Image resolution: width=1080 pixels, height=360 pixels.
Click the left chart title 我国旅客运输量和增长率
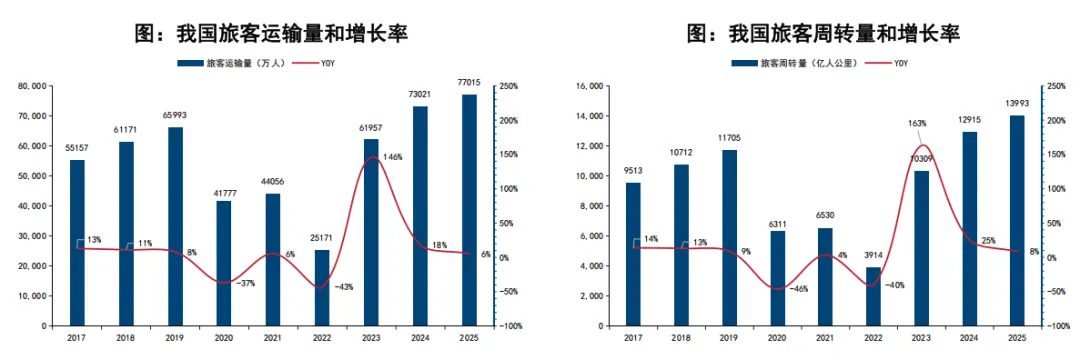coord(271,34)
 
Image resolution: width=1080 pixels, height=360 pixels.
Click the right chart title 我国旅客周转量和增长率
coord(823,34)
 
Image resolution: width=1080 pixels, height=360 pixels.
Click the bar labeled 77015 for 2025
coord(468,210)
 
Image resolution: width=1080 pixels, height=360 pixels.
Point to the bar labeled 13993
coord(1017,221)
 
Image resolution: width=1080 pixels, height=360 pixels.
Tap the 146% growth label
coord(392,157)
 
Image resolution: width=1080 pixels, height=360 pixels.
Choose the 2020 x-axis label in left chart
coord(223,339)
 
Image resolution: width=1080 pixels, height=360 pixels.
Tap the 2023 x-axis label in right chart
coord(922,339)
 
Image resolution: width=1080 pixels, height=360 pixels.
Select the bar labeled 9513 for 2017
coord(633,254)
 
